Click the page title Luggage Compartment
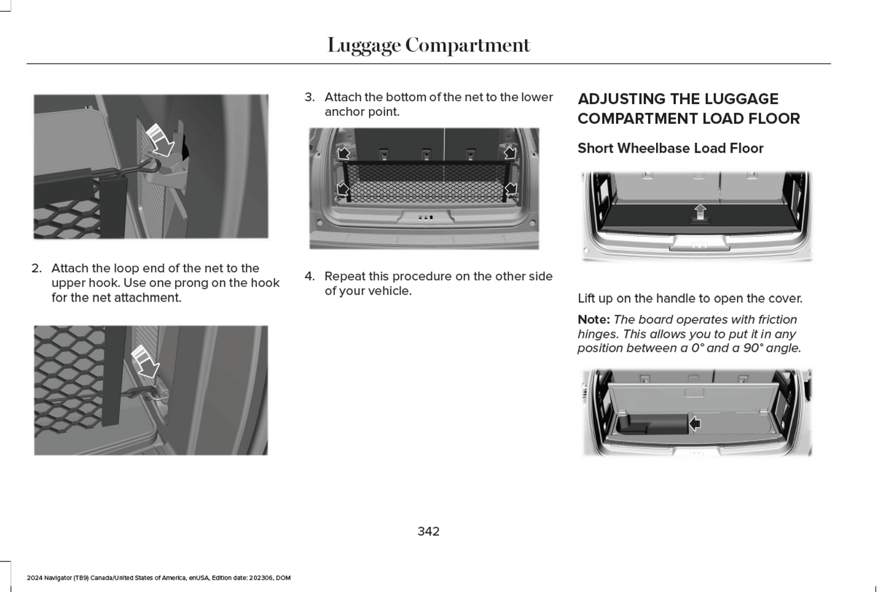click(x=428, y=45)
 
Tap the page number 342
click(x=428, y=531)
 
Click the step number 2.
click(x=37, y=268)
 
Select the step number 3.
click(x=310, y=97)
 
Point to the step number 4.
click(x=310, y=276)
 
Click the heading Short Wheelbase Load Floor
click(x=670, y=148)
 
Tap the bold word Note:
click(x=593, y=320)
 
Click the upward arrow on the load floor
click(x=700, y=211)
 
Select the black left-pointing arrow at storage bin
click(x=695, y=423)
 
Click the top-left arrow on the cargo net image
click(x=343, y=153)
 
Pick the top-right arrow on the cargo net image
click(x=510, y=153)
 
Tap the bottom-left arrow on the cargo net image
click(x=343, y=189)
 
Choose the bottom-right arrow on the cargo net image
click(x=510, y=189)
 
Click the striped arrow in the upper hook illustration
click(x=161, y=140)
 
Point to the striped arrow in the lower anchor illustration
click(x=146, y=362)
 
